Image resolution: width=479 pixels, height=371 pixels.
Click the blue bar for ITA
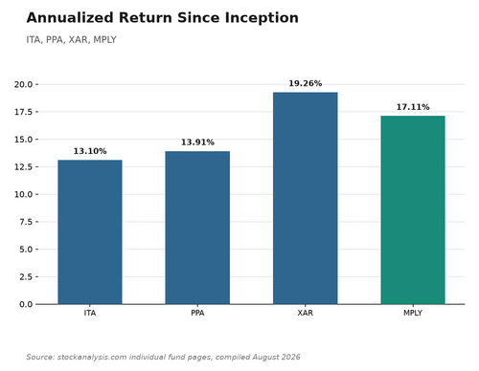point(90,232)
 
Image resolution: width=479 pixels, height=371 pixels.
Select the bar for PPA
point(197,228)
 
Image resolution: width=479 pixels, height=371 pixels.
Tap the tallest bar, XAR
point(306,198)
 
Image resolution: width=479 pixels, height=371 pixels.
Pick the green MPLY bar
point(413,210)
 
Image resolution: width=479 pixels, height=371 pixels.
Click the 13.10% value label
point(90,151)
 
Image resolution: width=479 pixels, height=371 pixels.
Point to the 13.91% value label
point(197,142)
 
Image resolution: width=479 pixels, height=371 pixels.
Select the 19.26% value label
point(306,83)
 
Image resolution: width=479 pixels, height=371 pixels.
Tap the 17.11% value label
point(413,107)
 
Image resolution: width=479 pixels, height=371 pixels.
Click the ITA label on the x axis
point(90,313)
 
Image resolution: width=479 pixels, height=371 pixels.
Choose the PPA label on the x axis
point(197,313)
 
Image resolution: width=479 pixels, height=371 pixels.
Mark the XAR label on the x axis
point(306,313)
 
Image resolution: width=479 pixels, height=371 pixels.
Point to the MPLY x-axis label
point(413,313)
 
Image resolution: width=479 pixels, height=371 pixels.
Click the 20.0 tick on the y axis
point(23,84)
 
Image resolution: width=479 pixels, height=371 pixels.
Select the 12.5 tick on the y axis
point(23,166)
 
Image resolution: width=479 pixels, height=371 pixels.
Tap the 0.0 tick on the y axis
point(26,304)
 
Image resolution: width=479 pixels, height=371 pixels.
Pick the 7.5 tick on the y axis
point(26,222)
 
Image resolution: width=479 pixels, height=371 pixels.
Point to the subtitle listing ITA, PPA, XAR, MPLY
point(71,40)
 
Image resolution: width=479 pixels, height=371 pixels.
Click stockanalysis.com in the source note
point(92,357)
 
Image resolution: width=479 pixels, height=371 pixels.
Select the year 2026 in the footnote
point(290,357)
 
